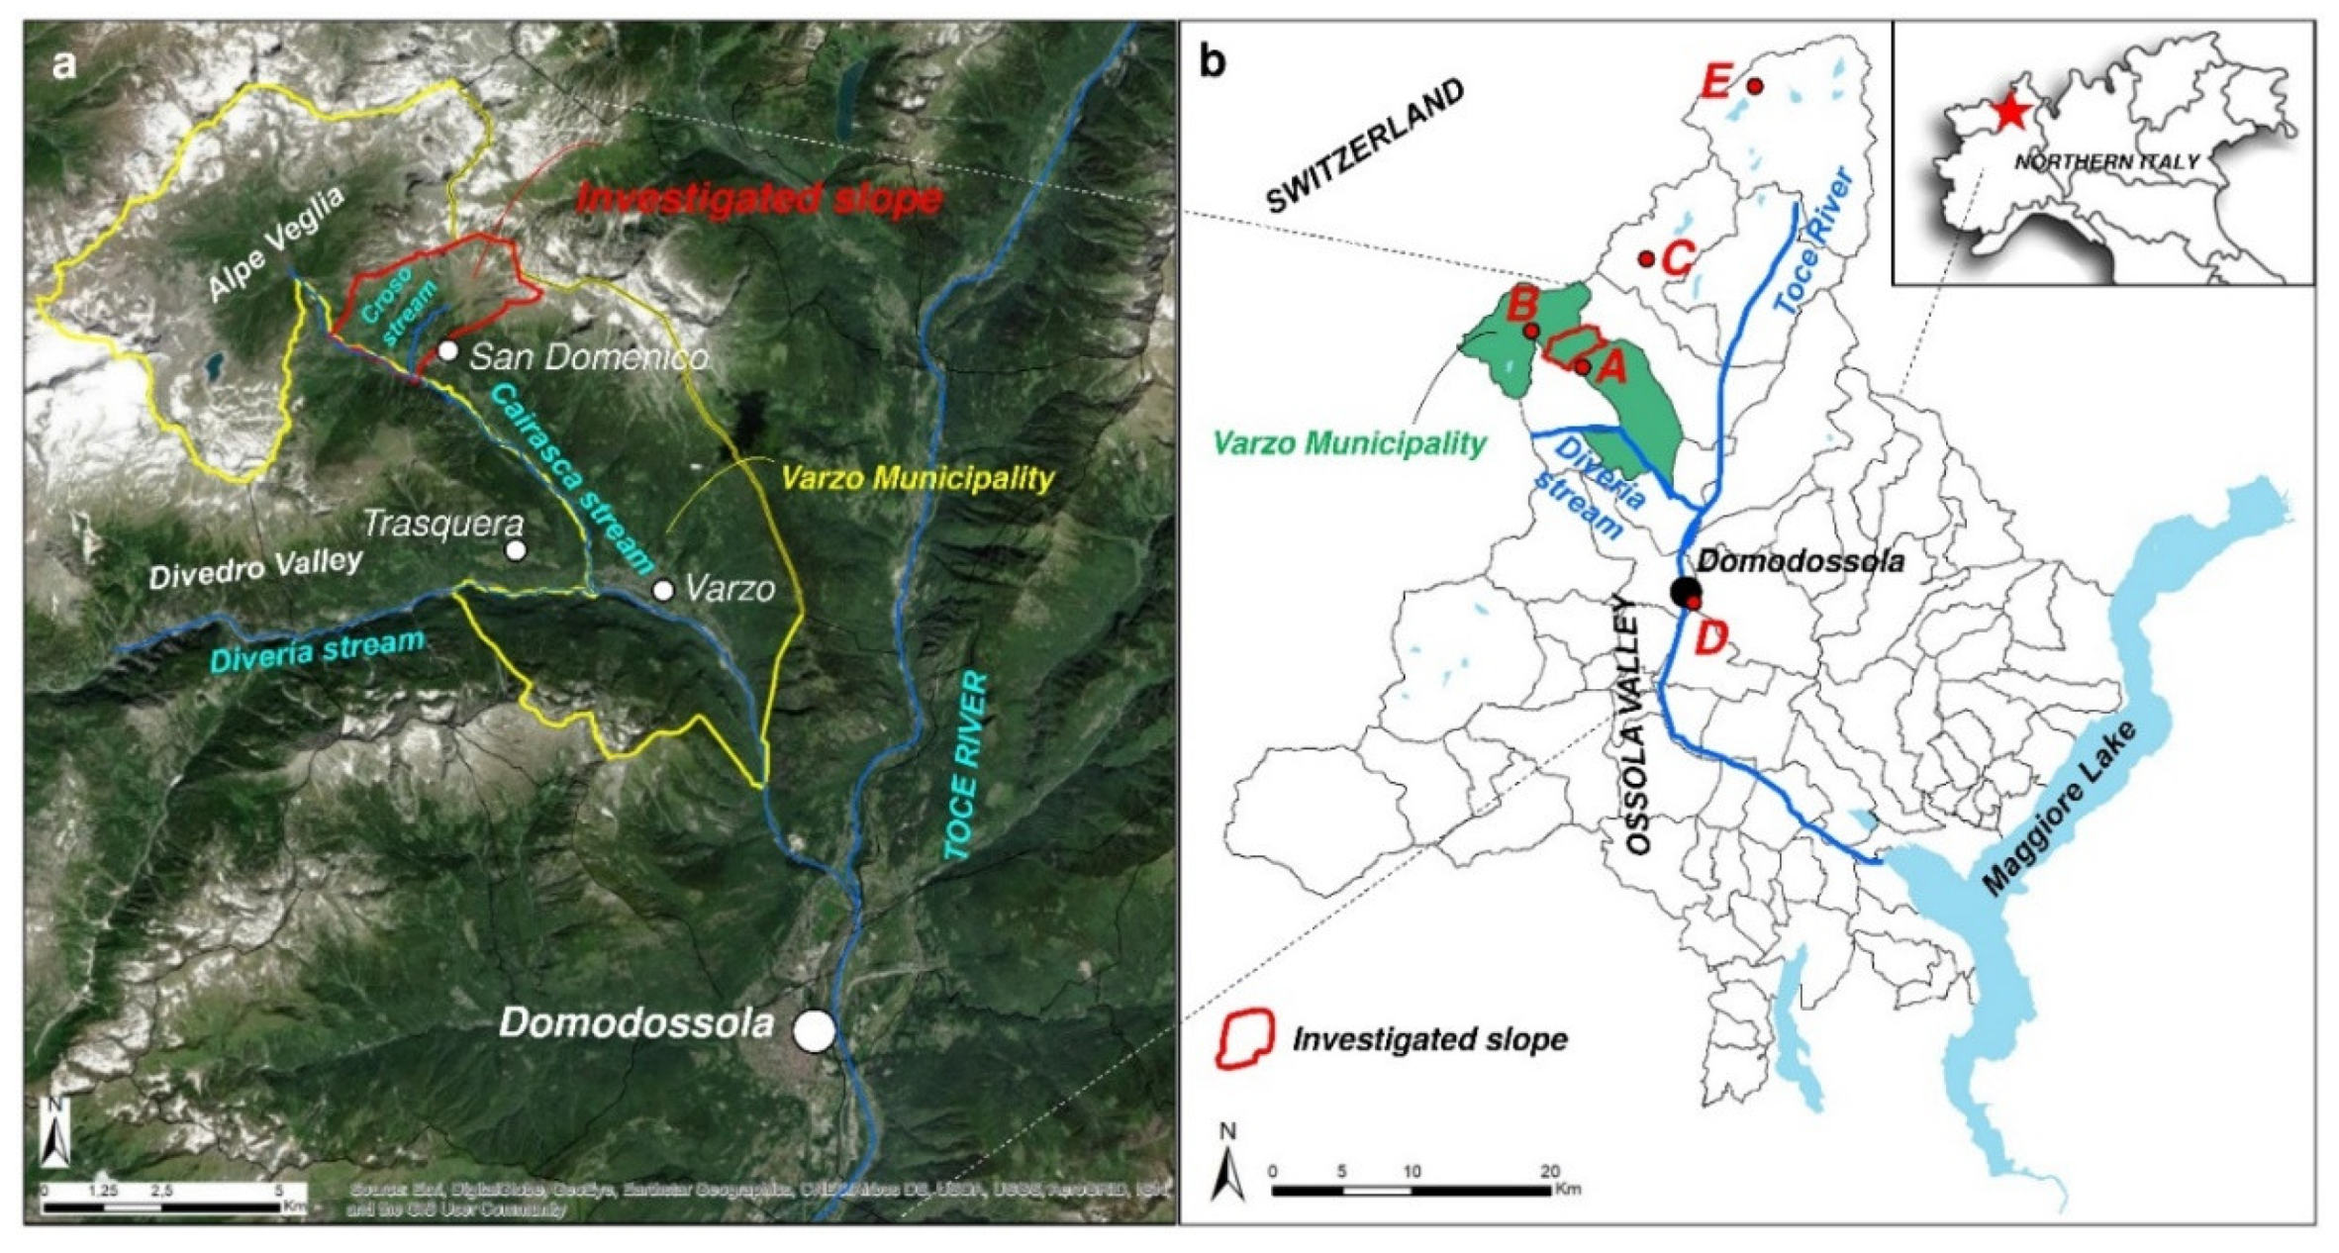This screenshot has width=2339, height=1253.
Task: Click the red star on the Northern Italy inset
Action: pyautogui.click(x=2008, y=113)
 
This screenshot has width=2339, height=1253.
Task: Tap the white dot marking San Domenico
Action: pyautogui.click(x=448, y=350)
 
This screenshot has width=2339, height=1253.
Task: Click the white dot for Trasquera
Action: pyautogui.click(x=515, y=550)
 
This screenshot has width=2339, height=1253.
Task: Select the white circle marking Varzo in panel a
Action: pyautogui.click(x=663, y=591)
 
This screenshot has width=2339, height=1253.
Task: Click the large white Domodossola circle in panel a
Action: pyautogui.click(x=815, y=1030)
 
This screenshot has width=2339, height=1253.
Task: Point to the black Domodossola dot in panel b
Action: pyautogui.click(x=1684, y=592)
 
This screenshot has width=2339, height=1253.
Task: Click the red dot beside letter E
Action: pyautogui.click(x=1755, y=87)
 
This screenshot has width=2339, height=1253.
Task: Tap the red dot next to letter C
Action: pyautogui.click(x=1646, y=259)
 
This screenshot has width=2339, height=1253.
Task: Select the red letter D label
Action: pyautogui.click(x=1710, y=639)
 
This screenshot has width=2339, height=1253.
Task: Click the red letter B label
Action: pyautogui.click(x=1519, y=303)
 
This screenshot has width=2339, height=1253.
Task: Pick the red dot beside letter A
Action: pyautogui.click(x=1583, y=368)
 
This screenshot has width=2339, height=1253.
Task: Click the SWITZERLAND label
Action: pyautogui.click(x=1365, y=145)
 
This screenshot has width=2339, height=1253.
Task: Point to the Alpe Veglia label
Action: pyautogui.click(x=276, y=242)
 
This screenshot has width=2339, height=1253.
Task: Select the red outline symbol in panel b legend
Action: pyautogui.click(x=1244, y=1038)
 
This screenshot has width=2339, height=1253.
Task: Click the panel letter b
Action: pyautogui.click(x=1213, y=61)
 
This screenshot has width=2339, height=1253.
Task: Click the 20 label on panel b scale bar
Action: pyautogui.click(x=1550, y=1172)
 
